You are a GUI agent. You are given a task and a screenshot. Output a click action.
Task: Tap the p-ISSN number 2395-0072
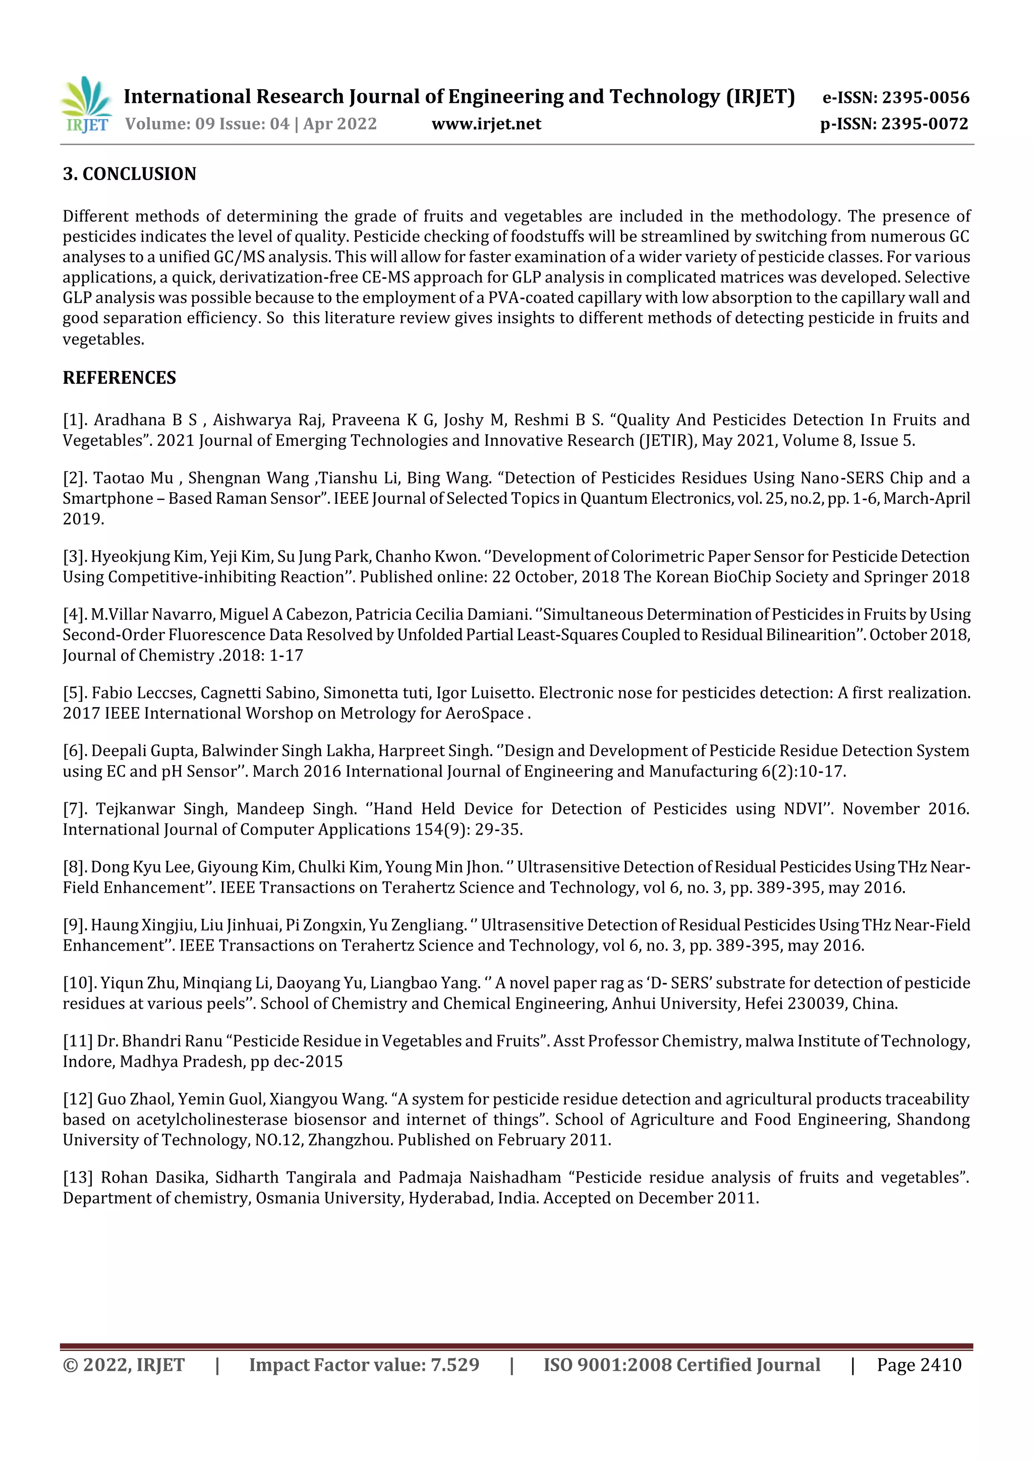point(924,124)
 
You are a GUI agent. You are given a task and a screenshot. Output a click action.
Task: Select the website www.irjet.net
point(486,124)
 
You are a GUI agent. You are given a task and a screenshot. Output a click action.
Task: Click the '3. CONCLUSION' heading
point(129,173)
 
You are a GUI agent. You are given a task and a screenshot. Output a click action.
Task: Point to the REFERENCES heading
point(119,377)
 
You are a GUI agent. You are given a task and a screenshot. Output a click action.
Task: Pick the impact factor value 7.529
point(454,1365)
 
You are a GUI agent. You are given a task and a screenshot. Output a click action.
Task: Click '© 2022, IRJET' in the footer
point(124,1365)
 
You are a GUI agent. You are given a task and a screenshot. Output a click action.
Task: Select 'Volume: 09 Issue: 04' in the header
point(207,124)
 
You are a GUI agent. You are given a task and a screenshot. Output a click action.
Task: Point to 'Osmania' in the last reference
point(287,1198)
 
